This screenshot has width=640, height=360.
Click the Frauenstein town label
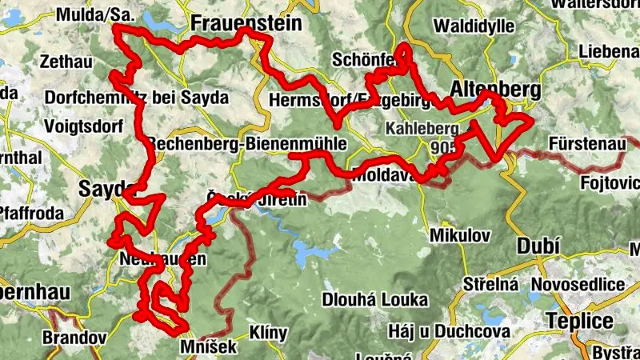239,22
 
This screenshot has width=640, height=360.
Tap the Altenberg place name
496,89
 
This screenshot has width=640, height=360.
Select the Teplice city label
580,322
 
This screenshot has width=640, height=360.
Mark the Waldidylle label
473,26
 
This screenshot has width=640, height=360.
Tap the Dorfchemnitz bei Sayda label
137,98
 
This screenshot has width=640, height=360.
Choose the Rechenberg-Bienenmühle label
246,143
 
